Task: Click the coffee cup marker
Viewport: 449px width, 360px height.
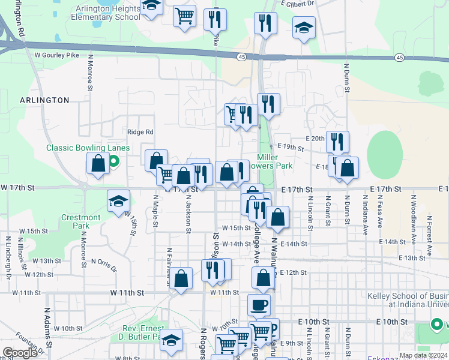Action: click(259, 305)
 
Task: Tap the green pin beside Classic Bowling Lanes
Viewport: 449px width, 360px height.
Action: click(112, 160)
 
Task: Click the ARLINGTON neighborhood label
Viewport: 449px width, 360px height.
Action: click(44, 100)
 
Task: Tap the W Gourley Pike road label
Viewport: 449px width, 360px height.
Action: click(57, 55)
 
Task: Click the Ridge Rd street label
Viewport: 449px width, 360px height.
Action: click(140, 132)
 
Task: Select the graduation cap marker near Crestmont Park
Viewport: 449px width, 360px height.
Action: click(119, 201)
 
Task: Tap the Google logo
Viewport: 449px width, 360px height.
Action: click(20, 353)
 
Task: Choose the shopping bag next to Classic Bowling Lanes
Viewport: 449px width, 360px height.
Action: click(98, 163)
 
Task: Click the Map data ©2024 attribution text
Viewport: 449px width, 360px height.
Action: click(423, 355)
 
